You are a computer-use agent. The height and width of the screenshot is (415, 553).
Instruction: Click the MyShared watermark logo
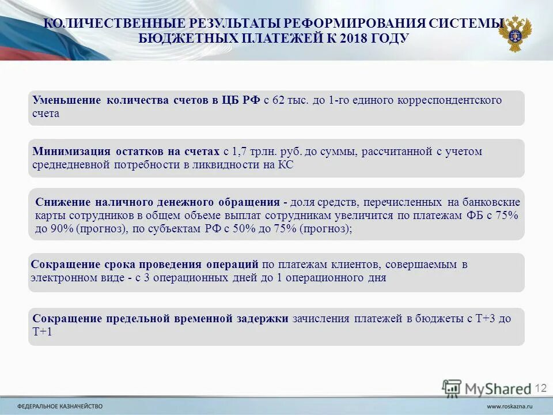point(487,388)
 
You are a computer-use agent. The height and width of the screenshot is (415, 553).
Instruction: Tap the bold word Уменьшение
point(66,100)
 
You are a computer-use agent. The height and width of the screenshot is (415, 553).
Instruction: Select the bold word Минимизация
point(71,152)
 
